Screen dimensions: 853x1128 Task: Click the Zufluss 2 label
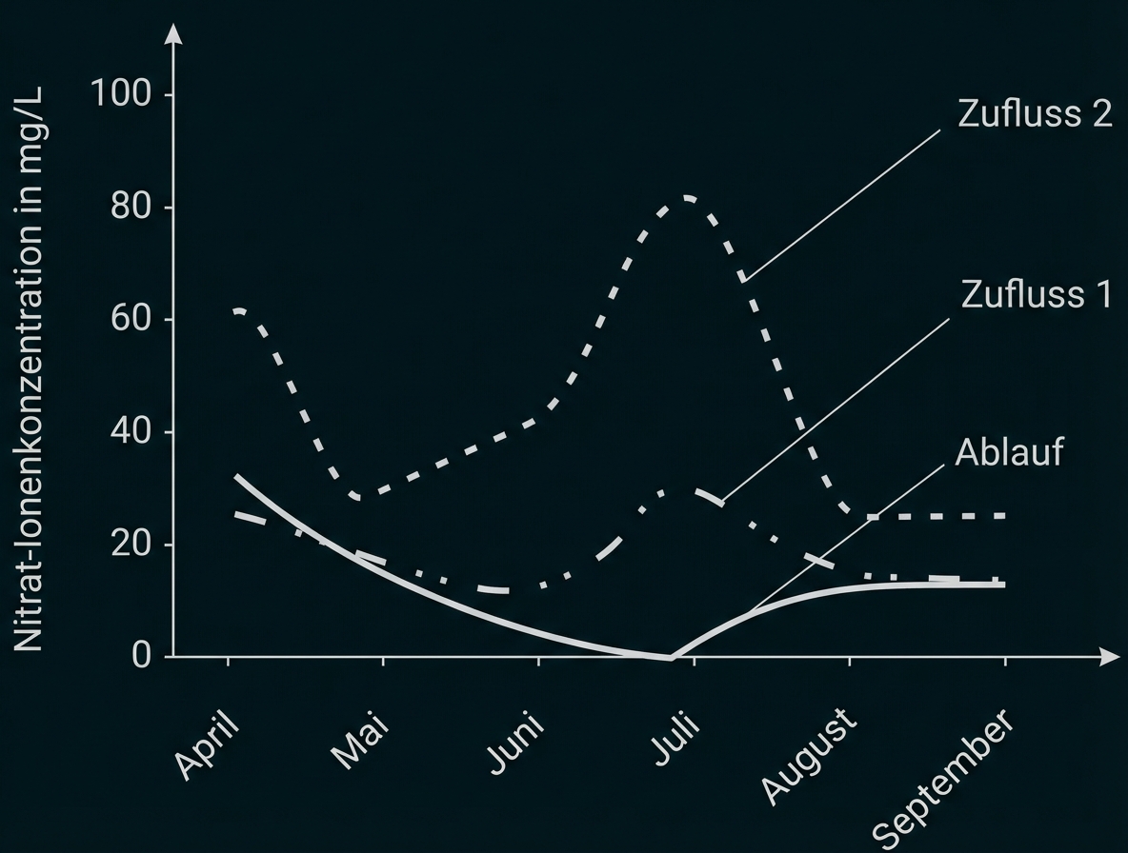click(x=1035, y=114)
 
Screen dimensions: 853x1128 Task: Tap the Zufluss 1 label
click(x=1036, y=294)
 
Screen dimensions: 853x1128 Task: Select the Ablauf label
click(x=1008, y=451)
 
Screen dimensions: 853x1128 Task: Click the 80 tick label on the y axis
click(x=131, y=208)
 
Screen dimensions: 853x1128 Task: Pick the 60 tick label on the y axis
click(x=131, y=320)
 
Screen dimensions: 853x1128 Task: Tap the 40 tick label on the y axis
click(x=131, y=432)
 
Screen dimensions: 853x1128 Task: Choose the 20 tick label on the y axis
click(x=131, y=545)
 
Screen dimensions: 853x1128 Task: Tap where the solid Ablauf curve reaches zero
click(x=670, y=657)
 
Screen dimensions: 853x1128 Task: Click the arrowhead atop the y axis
click(x=172, y=34)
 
